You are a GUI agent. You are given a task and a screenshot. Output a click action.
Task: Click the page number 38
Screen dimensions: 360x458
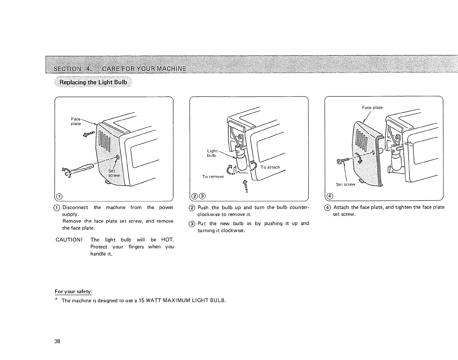click(x=57, y=341)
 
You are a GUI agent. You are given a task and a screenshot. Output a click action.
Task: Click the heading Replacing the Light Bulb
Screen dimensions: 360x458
click(x=93, y=82)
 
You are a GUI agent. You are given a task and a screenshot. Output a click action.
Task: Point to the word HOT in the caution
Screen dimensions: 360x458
click(x=167, y=240)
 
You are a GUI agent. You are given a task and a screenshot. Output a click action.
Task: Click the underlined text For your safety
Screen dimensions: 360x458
click(x=74, y=291)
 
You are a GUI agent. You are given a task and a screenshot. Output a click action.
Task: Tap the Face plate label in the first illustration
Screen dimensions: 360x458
click(x=76, y=121)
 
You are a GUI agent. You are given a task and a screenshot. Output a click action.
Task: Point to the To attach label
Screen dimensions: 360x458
click(x=270, y=167)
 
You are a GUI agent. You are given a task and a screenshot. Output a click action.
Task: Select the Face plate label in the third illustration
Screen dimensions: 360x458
click(x=372, y=108)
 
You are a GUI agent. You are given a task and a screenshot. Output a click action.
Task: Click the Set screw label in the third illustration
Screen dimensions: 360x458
click(x=345, y=184)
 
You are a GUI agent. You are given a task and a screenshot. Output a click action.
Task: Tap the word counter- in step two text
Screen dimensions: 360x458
click(x=300, y=207)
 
